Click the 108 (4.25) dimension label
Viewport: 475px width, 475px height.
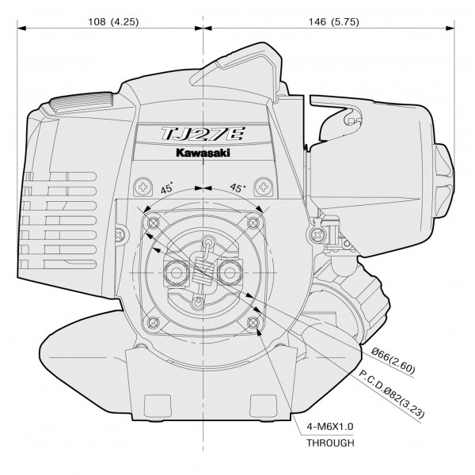coord(113,22)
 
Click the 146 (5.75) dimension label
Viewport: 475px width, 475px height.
coord(333,22)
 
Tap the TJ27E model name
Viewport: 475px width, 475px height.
coord(203,134)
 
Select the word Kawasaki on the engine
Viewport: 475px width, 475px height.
coord(203,152)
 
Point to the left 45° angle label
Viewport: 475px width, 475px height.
coord(167,188)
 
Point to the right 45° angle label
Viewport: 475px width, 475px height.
coord(237,188)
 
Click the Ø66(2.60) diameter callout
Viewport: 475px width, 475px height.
coord(393,360)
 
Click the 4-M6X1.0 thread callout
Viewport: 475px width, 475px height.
coord(329,427)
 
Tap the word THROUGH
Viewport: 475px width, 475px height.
coord(330,443)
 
